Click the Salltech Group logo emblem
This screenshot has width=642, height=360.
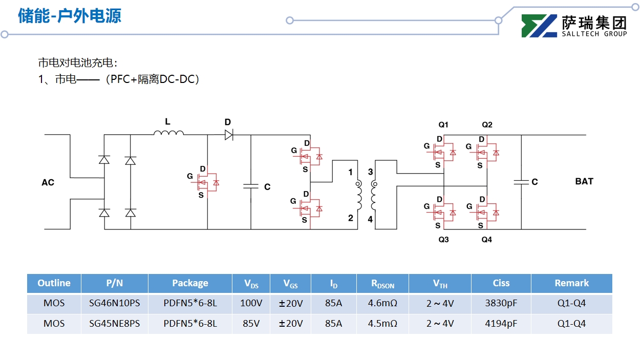pyautogui.click(x=539, y=26)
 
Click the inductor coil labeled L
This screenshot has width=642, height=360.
pyautogui.click(x=168, y=134)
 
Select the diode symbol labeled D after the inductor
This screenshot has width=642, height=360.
pyautogui.click(x=228, y=135)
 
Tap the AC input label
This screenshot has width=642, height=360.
pyautogui.click(x=48, y=182)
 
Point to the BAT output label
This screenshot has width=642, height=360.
pyautogui.click(x=584, y=181)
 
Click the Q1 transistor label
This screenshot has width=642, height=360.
pyautogui.click(x=443, y=125)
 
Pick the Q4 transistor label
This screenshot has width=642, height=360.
pyautogui.click(x=486, y=240)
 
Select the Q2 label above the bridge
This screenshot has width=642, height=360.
pyautogui.click(x=487, y=125)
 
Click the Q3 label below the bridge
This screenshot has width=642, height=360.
pyautogui.click(x=443, y=240)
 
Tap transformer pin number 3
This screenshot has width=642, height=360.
pyautogui.click(x=370, y=172)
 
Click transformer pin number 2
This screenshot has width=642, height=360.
pyautogui.click(x=351, y=218)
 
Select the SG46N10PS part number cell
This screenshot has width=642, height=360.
pyautogui.click(x=114, y=303)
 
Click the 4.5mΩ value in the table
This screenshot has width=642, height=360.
pyautogui.click(x=382, y=324)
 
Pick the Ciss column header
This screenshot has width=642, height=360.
pyautogui.click(x=501, y=283)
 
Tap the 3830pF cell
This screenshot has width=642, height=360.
pyautogui.click(x=501, y=303)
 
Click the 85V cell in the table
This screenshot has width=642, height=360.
pyautogui.click(x=251, y=324)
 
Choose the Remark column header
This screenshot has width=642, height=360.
pyautogui.click(x=571, y=283)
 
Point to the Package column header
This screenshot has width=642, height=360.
pyautogui.click(x=190, y=283)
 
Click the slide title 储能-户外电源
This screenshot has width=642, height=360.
pyautogui.click(x=70, y=16)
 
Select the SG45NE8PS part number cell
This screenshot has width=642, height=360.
pyautogui.click(x=114, y=324)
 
